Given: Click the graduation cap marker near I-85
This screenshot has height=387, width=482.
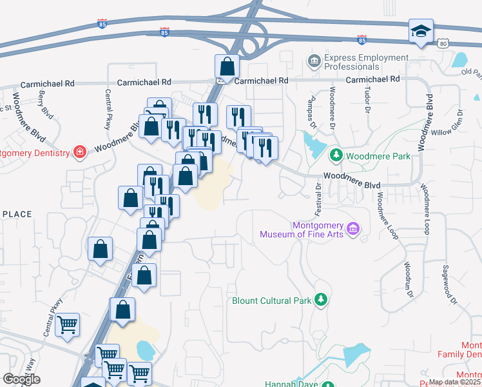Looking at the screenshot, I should click(x=421, y=31).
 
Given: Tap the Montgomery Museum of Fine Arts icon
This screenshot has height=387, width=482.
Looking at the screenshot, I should click(x=352, y=228).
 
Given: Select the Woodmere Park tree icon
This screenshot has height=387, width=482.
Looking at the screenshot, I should click(x=336, y=155).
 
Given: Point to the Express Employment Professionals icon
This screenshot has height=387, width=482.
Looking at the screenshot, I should click(x=314, y=62).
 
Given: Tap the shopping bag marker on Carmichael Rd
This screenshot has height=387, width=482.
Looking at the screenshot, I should click(x=227, y=66).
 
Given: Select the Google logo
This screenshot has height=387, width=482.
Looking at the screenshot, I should click(x=21, y=379).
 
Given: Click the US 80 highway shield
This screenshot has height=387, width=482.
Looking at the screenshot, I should click(x=442, y=43).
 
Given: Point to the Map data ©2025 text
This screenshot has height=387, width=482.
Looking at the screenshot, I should click(x=454, y=382).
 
